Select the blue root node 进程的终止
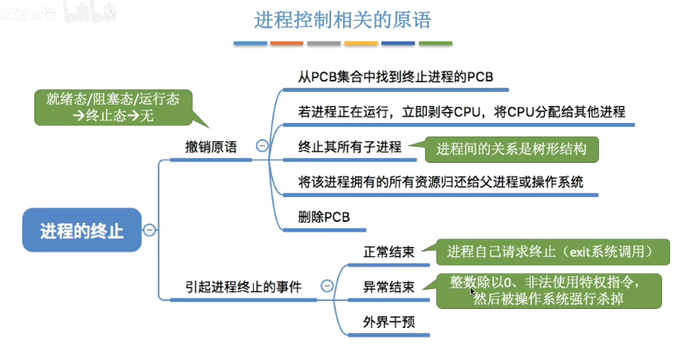tap(82, 231)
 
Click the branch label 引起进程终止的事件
tap(243, 286)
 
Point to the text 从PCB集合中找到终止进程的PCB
tap(396, 77)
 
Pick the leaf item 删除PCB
tap(324, 216)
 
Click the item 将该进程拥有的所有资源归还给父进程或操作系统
tap(441, 181)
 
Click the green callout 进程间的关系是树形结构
tap(511, 148)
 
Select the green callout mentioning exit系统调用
tap(552, 251)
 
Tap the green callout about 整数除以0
tap(551, 291)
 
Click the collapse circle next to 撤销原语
tap(262, 146)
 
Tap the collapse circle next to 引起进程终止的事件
tap(326, 286)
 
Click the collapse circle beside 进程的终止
tap(148, 231)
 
